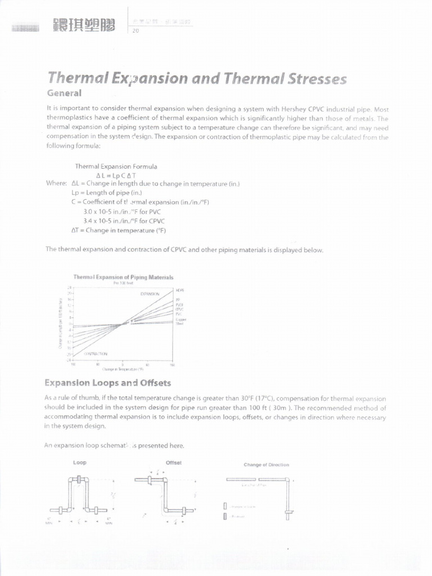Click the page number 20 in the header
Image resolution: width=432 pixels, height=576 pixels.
(135, 31)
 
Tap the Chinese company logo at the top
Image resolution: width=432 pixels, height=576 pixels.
(83, 25)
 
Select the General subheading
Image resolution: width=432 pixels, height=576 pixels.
(64, 93)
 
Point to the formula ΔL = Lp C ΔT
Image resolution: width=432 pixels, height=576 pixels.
(116, 175)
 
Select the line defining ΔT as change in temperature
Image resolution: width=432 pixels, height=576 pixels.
(119, 230)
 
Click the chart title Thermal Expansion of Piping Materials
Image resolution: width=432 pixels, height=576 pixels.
(123, 277)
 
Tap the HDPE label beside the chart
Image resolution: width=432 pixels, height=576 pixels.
(180, 290)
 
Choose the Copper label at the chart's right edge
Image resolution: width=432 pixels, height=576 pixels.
(181, 319)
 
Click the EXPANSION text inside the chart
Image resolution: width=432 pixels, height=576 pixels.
(150, 294)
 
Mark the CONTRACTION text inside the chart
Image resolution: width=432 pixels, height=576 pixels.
(96, 353)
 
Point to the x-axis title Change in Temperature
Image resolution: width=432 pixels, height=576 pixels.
(123, 369)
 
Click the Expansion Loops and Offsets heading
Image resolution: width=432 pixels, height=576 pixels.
(107, 383)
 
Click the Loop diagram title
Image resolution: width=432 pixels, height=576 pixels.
(80, 462)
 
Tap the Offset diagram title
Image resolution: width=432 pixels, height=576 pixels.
(174, 462)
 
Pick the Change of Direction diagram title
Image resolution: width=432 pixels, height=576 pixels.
(266, 465)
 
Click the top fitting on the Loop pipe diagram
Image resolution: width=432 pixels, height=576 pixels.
(79, 480)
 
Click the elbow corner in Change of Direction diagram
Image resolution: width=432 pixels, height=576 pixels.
(287, 480)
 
